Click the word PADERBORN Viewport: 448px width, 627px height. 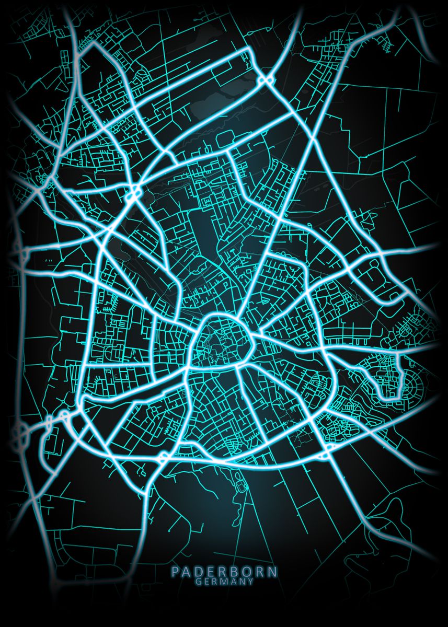pyautogui.click(x=224, y=572)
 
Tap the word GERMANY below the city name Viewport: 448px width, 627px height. pyautogui.click(x=224, y=580)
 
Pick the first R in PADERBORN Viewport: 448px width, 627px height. pyautogui.click(x=224, y=572)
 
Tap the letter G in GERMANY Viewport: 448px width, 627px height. pyautogui.click(x=198, y=580)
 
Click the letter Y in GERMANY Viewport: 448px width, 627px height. pyautogui.click(x=251, y=580)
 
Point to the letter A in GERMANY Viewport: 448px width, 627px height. pyautogui.click(x=234, y=580)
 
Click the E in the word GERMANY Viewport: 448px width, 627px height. pyautogui.click(x=206, y=580)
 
